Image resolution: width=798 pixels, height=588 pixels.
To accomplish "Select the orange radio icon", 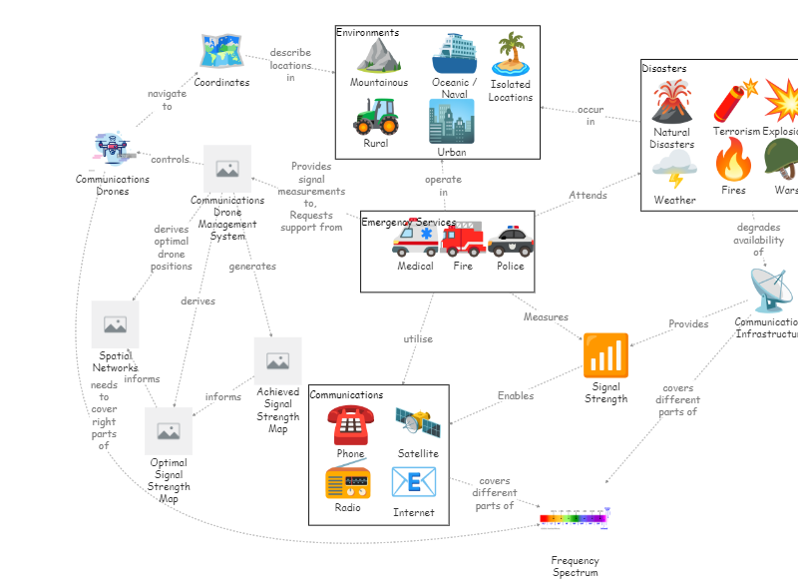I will tap(347, 482).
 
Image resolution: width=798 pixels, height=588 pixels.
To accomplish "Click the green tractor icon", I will tap(376, 116).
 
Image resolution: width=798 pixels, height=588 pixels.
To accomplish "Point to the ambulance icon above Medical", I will tap(415, 241).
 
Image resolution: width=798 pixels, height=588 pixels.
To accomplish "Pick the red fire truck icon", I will tap(462, 241).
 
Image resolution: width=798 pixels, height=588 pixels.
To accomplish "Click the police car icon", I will tap(510, 242).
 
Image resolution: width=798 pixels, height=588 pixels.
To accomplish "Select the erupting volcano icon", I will tap(671, 103).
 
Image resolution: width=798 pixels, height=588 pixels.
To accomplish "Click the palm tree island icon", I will tap(510, 55).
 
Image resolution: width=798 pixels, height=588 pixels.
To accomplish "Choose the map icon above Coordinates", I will tap(221, 52).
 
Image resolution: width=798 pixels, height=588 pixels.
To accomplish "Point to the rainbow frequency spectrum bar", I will tap(575, 518).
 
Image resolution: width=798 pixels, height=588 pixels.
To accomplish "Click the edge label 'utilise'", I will tap(418, 339).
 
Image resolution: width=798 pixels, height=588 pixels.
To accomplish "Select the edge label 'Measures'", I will tap(546, 317).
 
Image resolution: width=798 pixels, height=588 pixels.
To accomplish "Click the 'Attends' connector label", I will tap(588, 196).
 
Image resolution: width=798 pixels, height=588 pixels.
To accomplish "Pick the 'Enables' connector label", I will tap(516, 396).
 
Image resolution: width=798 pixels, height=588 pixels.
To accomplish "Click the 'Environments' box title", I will tap(367, 33).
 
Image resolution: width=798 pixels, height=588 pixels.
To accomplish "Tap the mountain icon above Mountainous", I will tap(379, 56).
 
